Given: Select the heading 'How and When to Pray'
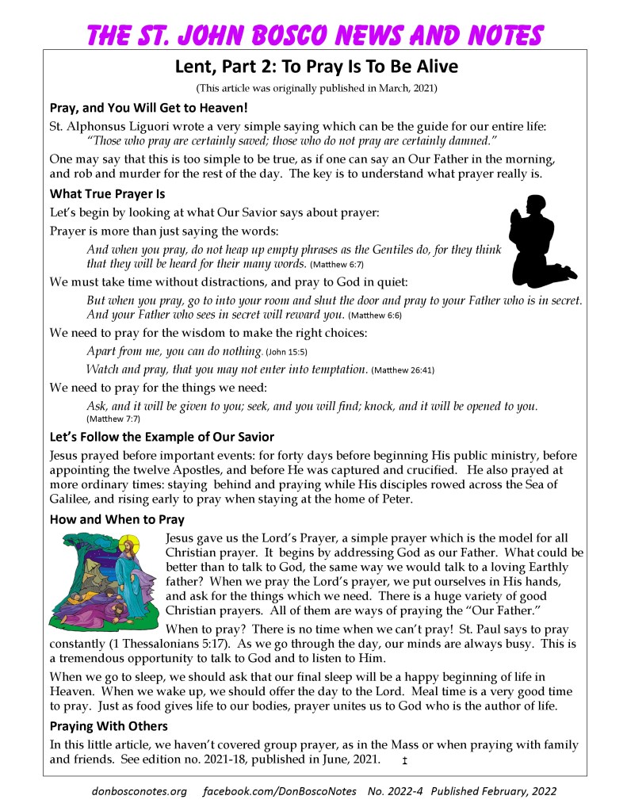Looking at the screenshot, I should (117, 520).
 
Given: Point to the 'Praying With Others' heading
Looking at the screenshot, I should (109, 726).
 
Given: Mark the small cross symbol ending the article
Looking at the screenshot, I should (404, 761).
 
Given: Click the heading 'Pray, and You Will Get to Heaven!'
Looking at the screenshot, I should (149, 108).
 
